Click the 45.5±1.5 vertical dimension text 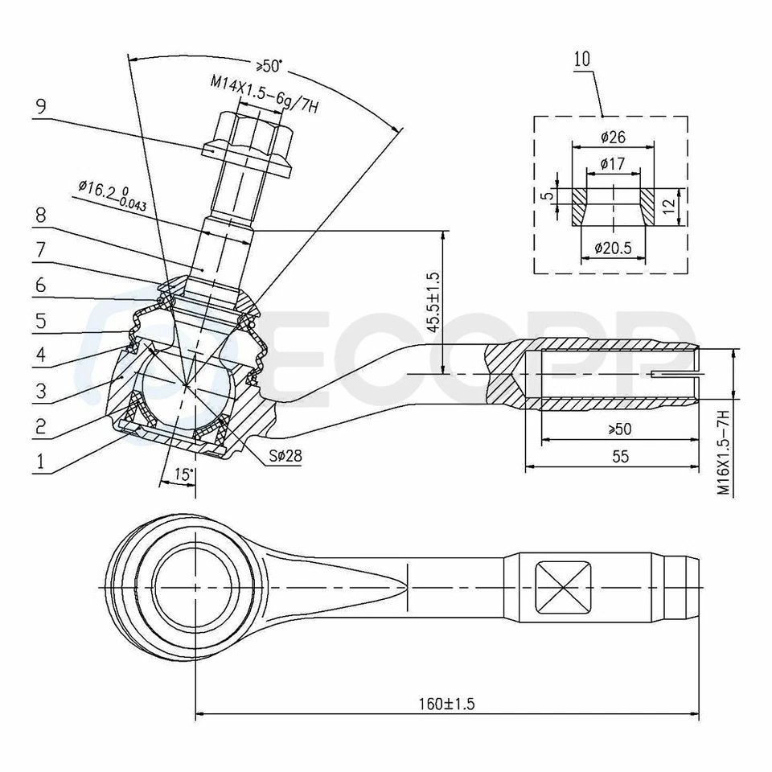[x=433, y=302]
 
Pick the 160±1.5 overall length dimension [x=447, y=704]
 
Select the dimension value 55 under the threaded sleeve [x=618, y=456]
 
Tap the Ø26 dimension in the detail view [x=613, y=138]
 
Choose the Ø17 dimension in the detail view [x=613, y=164]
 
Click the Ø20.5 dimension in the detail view [x=613, y=248]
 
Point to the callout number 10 [x=583, y=58]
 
